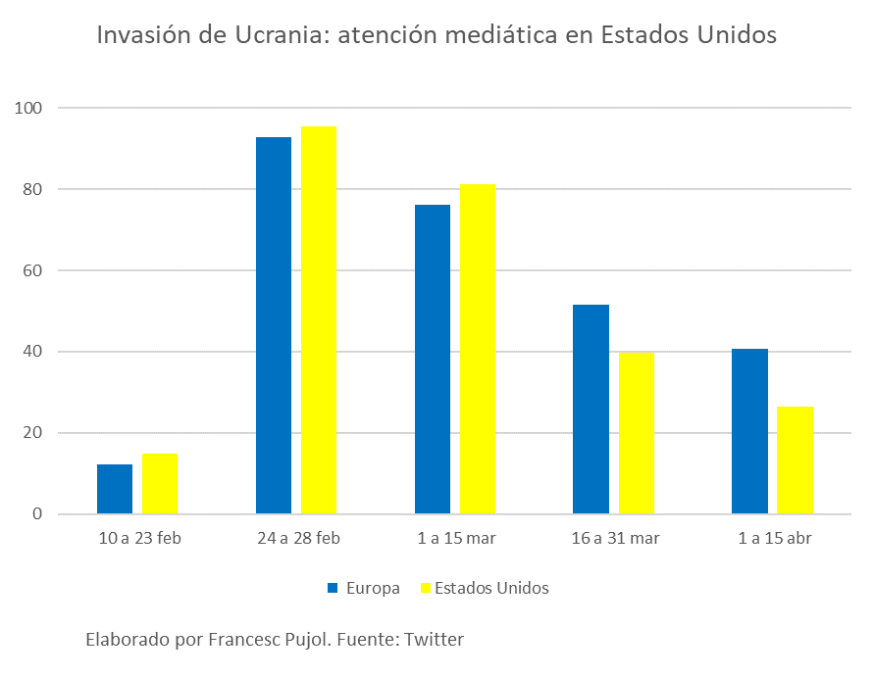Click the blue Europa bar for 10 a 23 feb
(x=115, y=489)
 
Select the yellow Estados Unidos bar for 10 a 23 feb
(x=160, y=484)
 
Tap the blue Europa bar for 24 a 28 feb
(x=274, y=325)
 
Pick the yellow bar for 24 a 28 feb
(x=319, y=320)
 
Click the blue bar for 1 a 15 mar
(x=433, y=360)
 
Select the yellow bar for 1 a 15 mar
(x=478, y=349)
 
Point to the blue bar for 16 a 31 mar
(x=591, y=410)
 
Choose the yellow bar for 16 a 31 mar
(x=637, y=433)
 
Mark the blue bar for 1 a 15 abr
(x=750, y=431)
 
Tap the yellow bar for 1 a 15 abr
(x=796, y=460)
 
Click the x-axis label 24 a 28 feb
(x=297, y=538)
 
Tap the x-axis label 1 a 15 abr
(x=774, y=538)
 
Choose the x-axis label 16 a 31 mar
(x=615, y=538)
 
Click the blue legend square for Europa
(x=333, y=589)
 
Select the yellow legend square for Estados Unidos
(x=426, y=589)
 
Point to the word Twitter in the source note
(x=434, y=640)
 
